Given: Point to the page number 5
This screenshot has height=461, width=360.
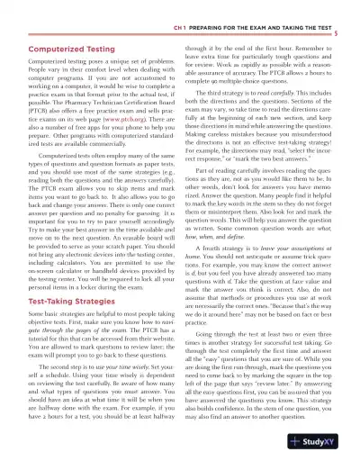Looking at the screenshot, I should [347, 32].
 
